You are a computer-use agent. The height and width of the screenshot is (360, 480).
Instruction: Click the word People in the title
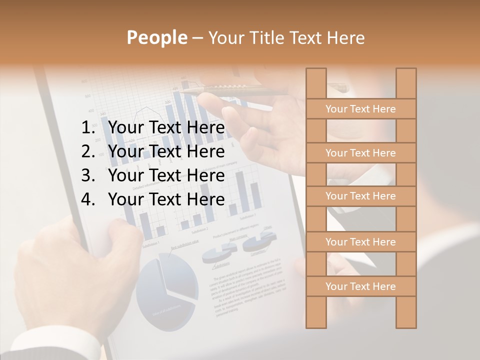[156, 38]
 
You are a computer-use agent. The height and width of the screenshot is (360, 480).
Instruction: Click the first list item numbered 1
[166, 128]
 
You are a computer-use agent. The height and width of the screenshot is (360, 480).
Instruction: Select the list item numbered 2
[166, 151]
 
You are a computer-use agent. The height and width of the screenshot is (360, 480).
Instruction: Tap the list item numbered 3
[166, 175]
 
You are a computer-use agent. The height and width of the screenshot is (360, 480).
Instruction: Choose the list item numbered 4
[166, 199]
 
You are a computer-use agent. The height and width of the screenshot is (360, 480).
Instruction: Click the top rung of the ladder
[360, 109]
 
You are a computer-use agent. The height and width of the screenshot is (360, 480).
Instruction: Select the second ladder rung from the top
[360, 153]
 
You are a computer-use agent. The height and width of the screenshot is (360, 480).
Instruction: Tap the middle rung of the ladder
[360, 196]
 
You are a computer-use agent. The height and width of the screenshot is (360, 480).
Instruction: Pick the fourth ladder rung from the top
[360, 242]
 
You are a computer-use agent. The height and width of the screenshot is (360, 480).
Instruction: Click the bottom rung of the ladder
[360, 286]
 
